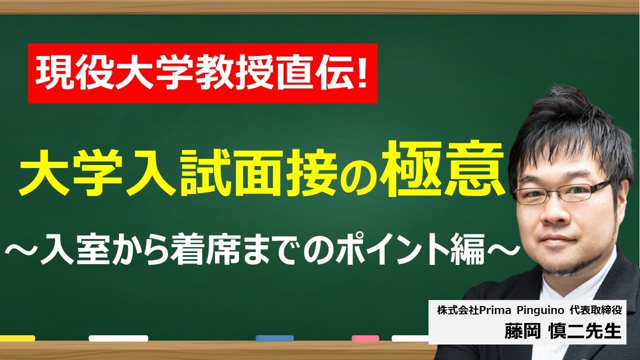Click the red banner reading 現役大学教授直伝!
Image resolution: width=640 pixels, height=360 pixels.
(202, 73)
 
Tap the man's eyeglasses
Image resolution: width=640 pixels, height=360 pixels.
(560, 192)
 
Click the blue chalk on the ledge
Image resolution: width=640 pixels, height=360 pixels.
(274, 338)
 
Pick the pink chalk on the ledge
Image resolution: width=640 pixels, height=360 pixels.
(365, 338)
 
